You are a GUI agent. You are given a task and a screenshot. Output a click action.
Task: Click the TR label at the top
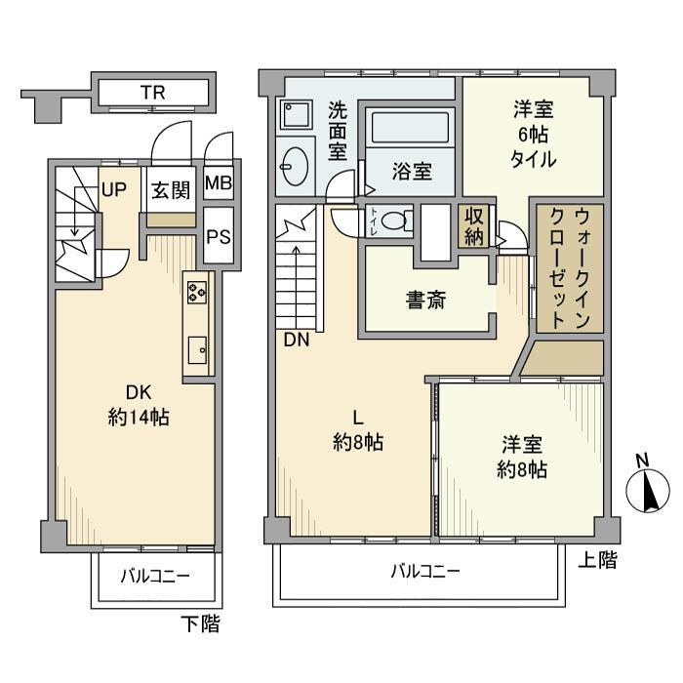pyautogui.click(x=151, y=94)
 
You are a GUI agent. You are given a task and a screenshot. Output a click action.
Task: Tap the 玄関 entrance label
pyautogui.click(x=170, y=190)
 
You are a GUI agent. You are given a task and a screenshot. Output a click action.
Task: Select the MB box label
pyautogui.click(x=219, y=183)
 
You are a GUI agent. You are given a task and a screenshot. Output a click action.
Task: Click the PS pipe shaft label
pyautogui.click(x=219, y=236)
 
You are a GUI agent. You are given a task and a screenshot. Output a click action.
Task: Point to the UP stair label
pyautogui.click(x=113, y=189)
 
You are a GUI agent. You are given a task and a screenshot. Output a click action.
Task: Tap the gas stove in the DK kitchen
pyautogui.click(x=196, y=293)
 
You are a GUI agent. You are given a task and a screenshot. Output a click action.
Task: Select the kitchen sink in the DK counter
pyautogui.click(x=196, y=347)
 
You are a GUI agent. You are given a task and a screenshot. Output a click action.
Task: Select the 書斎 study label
pyautogui.click(x=425, y=301)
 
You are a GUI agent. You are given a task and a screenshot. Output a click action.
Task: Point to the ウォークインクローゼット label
pyautogui.click(x=566, y=266)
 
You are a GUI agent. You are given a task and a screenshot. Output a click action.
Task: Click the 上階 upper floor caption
pyautogui.click(x=597, y=560)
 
